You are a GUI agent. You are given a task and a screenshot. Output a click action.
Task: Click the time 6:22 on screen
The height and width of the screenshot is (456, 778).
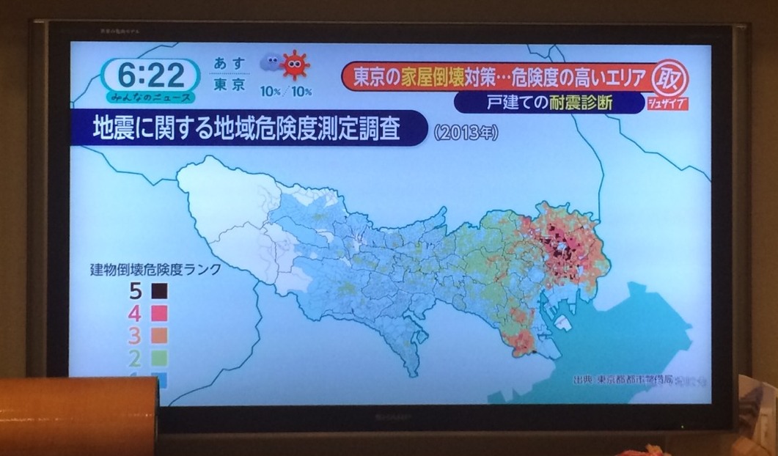[150, 74]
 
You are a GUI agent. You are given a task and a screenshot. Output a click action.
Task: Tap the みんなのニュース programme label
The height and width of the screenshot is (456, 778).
[150, 98]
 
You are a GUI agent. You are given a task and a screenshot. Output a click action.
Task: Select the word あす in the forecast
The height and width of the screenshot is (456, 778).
[230, 64]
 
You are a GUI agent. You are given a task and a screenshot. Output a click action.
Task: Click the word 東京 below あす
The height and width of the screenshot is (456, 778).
[230, 85]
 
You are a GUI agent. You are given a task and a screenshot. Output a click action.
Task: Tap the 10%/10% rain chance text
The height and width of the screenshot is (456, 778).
[286, 92]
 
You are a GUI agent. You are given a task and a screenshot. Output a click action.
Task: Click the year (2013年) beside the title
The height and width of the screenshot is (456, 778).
[466, 134]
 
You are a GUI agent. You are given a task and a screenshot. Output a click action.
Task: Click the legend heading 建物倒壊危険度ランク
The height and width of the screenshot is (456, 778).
[155, 269]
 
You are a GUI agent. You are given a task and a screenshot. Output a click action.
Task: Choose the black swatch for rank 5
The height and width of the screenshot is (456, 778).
[159, 290]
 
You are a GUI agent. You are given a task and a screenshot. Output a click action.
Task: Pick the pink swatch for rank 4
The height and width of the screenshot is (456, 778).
[159, 313]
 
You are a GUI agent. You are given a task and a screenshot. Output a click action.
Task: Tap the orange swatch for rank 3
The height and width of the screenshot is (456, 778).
[159, 335]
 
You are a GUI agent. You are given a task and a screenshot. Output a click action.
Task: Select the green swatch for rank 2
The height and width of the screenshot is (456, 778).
[159, 358]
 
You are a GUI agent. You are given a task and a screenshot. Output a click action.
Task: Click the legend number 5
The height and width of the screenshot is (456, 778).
[136, 290]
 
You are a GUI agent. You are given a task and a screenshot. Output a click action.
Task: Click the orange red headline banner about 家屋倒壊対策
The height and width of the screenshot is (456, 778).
[499, 77]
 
